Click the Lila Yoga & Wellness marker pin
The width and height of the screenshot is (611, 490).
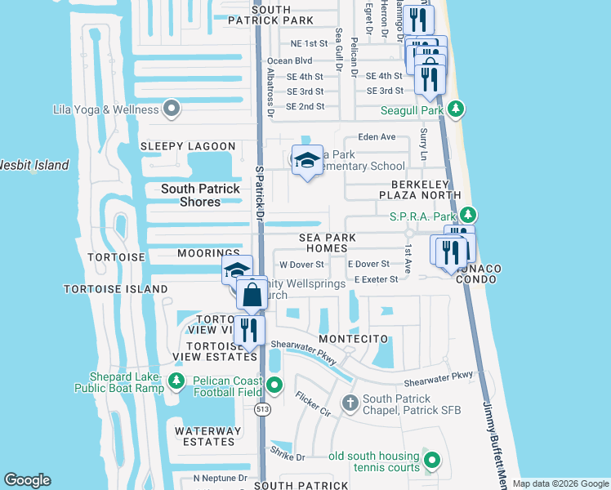point(172,109)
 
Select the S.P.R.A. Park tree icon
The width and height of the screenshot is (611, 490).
point(467,216)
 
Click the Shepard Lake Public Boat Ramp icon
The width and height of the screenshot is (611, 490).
point(176,381)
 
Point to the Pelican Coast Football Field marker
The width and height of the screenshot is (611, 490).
point(275,385)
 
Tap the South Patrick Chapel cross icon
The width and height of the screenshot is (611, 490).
point(350,403)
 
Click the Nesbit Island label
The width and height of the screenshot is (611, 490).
point(33,166)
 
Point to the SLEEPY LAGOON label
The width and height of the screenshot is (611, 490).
point(188,146)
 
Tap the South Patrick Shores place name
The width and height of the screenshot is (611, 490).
point(200,195)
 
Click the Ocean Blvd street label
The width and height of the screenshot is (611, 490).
point(290,60)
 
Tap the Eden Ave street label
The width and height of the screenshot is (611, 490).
point(377,137)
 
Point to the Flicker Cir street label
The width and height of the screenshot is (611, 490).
point(313,404)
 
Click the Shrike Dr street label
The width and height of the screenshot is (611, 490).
point(288,457)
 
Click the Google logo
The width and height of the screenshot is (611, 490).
point(27,480)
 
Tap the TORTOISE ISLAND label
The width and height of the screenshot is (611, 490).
point(116,289)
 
